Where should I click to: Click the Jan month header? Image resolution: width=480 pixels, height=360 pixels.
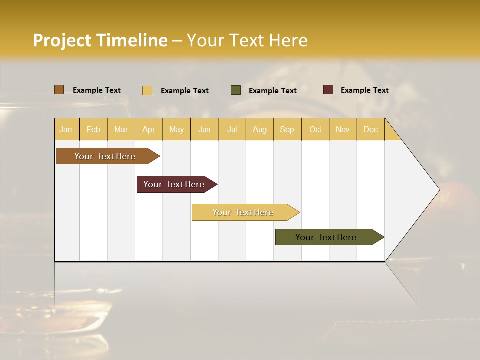(x=66, y=129)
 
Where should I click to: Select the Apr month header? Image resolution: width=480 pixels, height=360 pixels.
(x=148, y=129)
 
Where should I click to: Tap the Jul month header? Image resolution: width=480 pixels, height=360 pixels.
(x=232, y=129)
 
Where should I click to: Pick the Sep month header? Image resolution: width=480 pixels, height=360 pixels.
(x=287, y=129)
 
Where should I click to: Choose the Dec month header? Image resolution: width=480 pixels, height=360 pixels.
(x=370, y=129)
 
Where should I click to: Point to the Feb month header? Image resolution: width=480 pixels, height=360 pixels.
(x=93, y=129)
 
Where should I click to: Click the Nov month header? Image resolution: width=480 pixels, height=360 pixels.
(x=342, y=129)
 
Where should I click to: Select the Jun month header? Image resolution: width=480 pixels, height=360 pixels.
(x=204, y=129)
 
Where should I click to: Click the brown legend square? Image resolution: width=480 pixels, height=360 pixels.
(x=59, y=90)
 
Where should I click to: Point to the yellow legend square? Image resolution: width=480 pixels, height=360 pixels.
(x=147, y=90)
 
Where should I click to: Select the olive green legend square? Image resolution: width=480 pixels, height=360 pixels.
(x=236, y=90)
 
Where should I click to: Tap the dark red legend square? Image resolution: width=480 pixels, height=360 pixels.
(x=328, y=90)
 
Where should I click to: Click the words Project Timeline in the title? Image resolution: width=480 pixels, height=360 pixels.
(x=100, y=40)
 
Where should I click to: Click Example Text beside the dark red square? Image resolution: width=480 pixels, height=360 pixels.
(x=364, y=90)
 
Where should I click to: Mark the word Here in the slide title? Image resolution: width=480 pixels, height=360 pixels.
(x=288, y=40)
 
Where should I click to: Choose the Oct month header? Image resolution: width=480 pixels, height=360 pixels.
(x=315, y=129)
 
